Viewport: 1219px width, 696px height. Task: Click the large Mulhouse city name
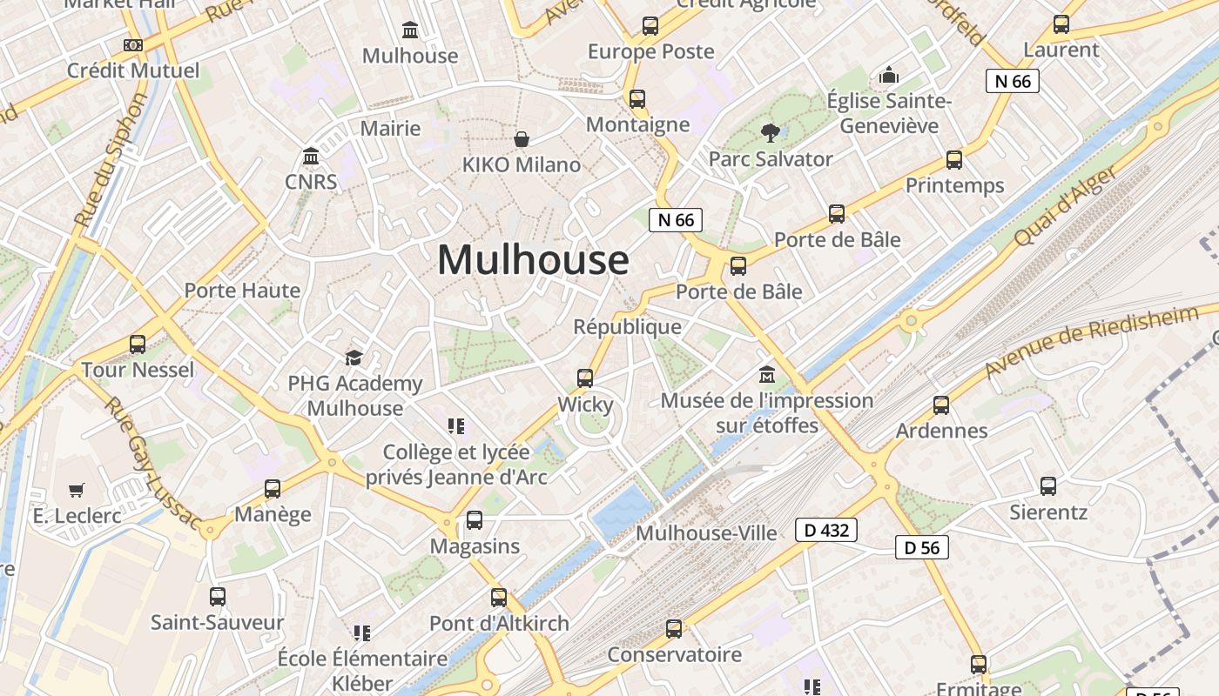[x=533, y=259]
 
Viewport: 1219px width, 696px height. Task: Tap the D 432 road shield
[x=826, y=530]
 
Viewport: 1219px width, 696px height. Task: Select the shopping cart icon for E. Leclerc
[x=77, y=490]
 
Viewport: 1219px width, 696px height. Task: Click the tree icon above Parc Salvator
[x=770, y=133]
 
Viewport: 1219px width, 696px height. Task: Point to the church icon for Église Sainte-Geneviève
[x=889, y=76]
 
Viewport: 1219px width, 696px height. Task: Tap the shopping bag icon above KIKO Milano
[x=522, y=139]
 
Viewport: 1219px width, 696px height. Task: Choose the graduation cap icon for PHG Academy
[x=354, y=358]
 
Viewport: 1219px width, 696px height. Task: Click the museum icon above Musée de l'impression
[x=767, y=375]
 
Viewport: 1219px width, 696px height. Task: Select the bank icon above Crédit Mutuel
[x=132, y=44]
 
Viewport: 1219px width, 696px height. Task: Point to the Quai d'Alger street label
[x=1065, y=206]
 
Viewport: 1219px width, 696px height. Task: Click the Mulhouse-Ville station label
[x=706, y=532]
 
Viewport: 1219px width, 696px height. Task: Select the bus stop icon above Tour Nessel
[x=138, y=345]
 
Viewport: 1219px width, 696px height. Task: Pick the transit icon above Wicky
[x=585, y=378]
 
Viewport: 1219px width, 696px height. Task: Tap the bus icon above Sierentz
[x=1048, y=486]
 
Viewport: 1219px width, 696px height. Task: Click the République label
[x=627, y=326]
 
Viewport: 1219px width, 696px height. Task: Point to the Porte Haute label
[x=242, y=291]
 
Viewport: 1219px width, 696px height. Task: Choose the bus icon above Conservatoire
[x=674, y=629]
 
